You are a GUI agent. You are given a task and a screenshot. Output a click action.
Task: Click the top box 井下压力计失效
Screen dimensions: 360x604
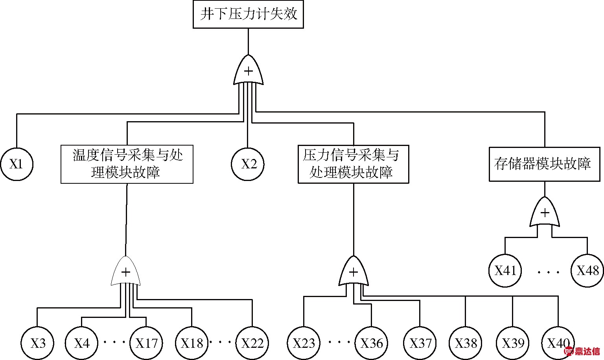pyautogui.click(x=248, y=15)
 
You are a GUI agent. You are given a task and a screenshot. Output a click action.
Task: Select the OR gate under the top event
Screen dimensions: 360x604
pyautogui.click(x=248, y=70)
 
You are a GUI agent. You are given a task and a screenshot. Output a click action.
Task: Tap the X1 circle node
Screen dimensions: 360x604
pyautogui.click(x=17, y=164)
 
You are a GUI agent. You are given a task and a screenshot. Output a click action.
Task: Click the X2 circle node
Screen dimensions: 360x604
pyautogui.click(x=247, y=164)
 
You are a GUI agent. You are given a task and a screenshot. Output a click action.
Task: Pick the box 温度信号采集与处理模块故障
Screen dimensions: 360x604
pyautogui.click(x=127, y=164)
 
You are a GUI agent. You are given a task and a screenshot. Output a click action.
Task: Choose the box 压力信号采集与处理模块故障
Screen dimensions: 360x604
pyautogui.click(x=353, y=164)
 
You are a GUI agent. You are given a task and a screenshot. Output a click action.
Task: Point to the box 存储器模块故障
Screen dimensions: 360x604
pyautogui.click(x=545, y=164)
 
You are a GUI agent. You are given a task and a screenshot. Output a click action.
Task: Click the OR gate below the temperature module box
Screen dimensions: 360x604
pyautogui.click(x=126, y=272)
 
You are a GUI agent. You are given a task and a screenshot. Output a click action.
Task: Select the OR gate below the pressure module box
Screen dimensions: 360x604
pyautogui.click(x=354, y=272)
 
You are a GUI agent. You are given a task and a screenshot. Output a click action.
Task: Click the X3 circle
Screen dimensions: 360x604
pyautogui.click(x=37, y=343)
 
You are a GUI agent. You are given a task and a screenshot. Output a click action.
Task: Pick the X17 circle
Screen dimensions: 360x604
pyautogui.click(x=146, y=343)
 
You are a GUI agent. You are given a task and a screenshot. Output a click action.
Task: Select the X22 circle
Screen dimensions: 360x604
pyautogui.click(x=252, y=343)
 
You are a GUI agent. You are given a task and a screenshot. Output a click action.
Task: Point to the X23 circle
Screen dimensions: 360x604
pyautogui.click(x=304, y=343)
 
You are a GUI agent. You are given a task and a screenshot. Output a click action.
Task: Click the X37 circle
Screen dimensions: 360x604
pyautogui.click(x=420, y=343)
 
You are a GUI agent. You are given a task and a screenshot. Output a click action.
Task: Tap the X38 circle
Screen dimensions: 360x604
pyautogui.click(x=466, y=343)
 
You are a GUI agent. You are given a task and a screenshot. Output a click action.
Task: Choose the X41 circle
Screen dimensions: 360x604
pyautogui.click(x=505, y=271)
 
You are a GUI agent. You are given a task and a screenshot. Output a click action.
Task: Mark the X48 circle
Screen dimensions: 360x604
pyautogui.click(x=587, y=271)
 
